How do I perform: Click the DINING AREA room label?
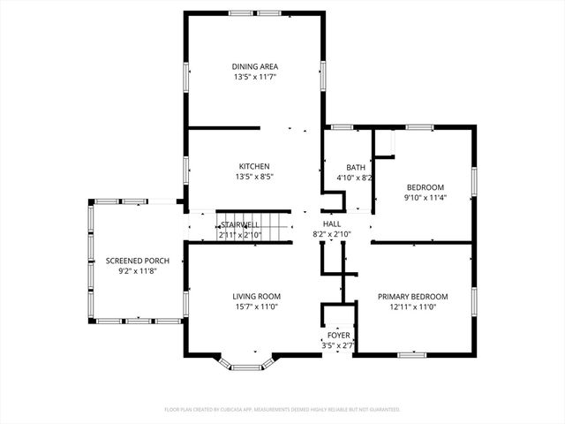(x=255, y=66)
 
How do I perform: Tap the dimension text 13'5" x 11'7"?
(x=255, y=78)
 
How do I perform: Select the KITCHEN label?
(x=254, y=166)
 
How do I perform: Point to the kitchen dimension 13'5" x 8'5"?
(x=254, y=177)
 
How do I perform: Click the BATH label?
(x=355, y=167)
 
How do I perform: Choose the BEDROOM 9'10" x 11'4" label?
(x=425, y=187)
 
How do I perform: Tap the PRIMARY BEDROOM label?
(x=412, y=296)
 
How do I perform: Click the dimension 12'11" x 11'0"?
(x=412, y=307)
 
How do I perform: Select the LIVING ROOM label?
(x=256, y=296)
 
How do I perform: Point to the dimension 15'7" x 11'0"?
(x=256, y=307)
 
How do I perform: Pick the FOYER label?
(x=339, y=336)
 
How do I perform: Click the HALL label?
(x=331, y=224)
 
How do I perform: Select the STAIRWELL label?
(x=239, y=225)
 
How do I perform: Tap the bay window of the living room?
(x=247, y=364)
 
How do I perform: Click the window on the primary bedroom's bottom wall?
(x=412, y=355)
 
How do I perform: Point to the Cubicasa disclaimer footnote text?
(x=282, y=410)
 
